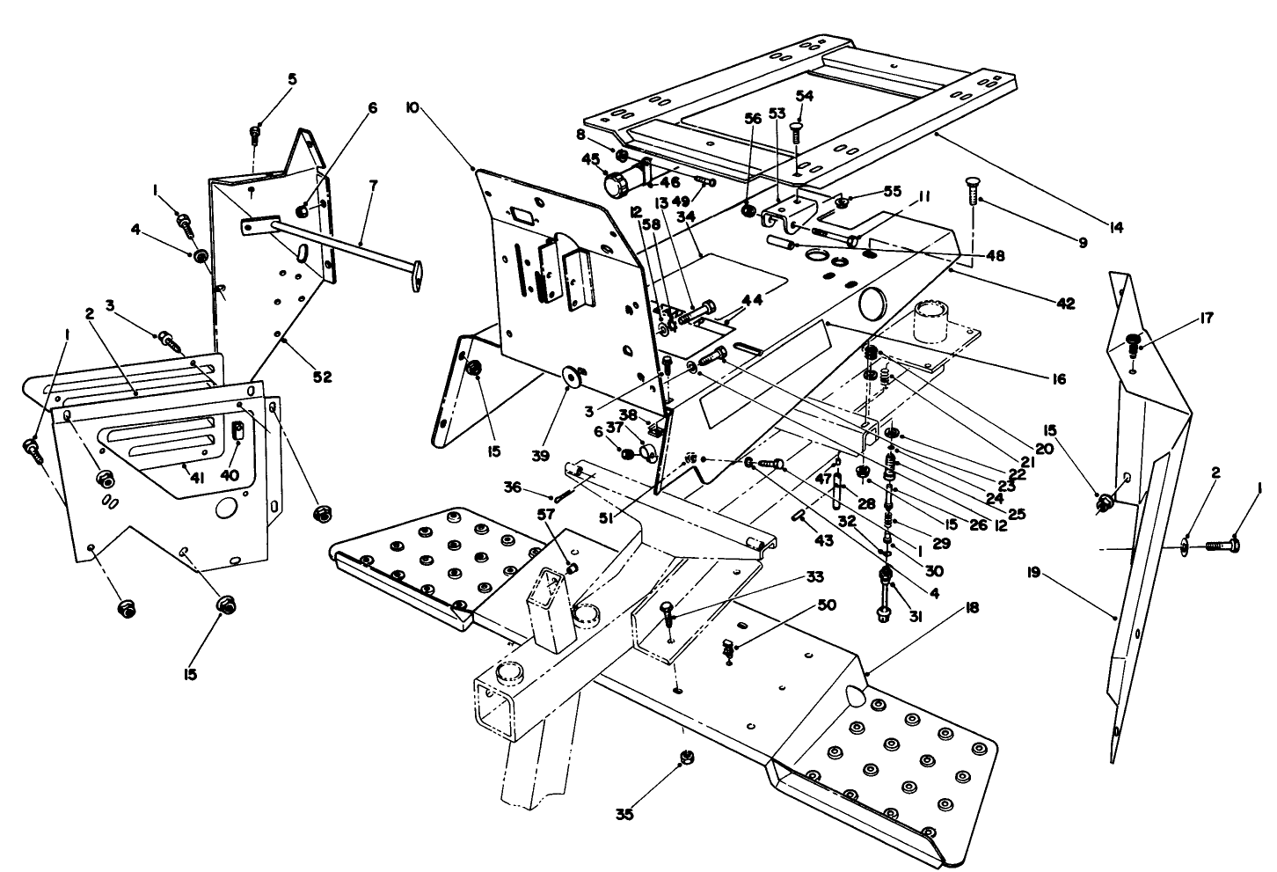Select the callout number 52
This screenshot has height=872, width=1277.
click(x=323, y=377)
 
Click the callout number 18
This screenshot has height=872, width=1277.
click(x=971, y=608)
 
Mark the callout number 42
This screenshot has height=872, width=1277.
click(x=1065, y=304)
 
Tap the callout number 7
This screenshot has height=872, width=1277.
click(x=373, y=186)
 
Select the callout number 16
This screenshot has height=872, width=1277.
click(x=1057, y=379)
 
